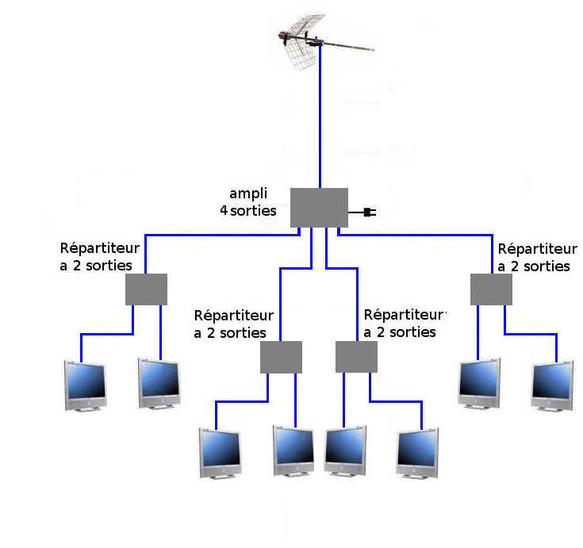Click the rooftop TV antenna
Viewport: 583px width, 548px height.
[320, 41]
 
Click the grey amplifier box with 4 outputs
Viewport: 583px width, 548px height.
[319, 208]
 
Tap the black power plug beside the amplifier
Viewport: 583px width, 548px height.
[370, 213]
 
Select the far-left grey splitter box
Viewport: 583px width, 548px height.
[146, 289]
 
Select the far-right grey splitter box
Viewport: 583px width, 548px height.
[491, 289]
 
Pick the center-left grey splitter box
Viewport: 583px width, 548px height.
[281, 357]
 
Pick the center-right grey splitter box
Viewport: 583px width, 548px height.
[357, 357]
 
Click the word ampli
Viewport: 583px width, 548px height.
[248, 194]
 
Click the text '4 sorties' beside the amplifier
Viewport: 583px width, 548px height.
[248, 211]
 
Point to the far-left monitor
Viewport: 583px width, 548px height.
[85, 385]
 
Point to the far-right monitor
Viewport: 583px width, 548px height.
[553, 385]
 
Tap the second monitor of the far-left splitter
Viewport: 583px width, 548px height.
[159, 383]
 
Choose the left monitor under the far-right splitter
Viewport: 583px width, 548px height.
[479, 383]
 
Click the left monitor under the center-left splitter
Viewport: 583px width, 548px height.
[221, 453]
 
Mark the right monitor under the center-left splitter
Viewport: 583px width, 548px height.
[293, 451]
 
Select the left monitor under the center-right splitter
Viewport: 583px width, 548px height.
[345, 451]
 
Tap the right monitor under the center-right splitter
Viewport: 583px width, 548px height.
[417, 453]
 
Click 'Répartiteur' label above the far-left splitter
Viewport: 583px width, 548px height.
[100, 248]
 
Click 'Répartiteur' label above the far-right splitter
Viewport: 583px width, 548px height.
[538, 249]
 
